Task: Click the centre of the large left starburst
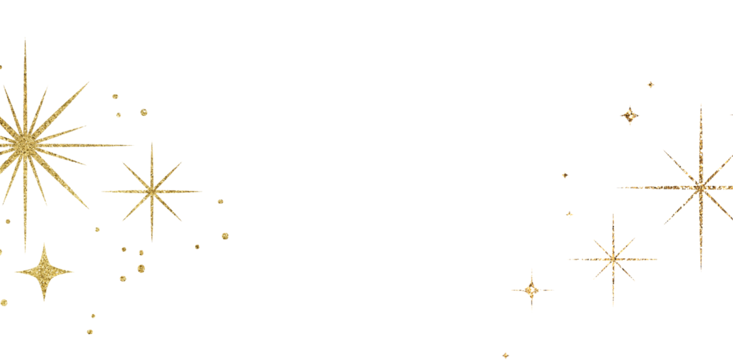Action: click(x=25, y=143)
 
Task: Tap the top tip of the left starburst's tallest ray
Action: click(x=25, y=39)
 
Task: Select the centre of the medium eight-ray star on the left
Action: click(x=152, y=190)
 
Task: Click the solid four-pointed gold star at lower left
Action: click(x=43, y=272)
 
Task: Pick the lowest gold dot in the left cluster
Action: click(x=90, y=331)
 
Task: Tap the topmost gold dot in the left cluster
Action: click(x=116, y=97)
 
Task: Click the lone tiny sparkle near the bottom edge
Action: click(x=505, y=355)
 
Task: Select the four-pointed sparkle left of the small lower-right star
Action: click(x=531, y=290)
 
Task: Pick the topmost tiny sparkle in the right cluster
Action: click(x=650, y=84)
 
